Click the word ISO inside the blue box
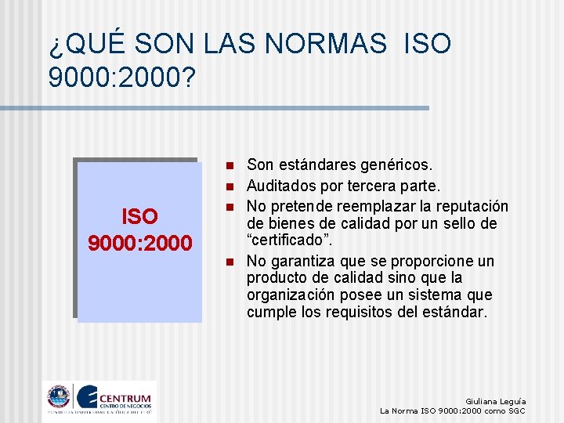(x=139, y=216)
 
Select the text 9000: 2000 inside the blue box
(x=139, y=244)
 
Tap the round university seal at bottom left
(x=58, y=398)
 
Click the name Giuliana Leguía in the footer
(x=495, y=401)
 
